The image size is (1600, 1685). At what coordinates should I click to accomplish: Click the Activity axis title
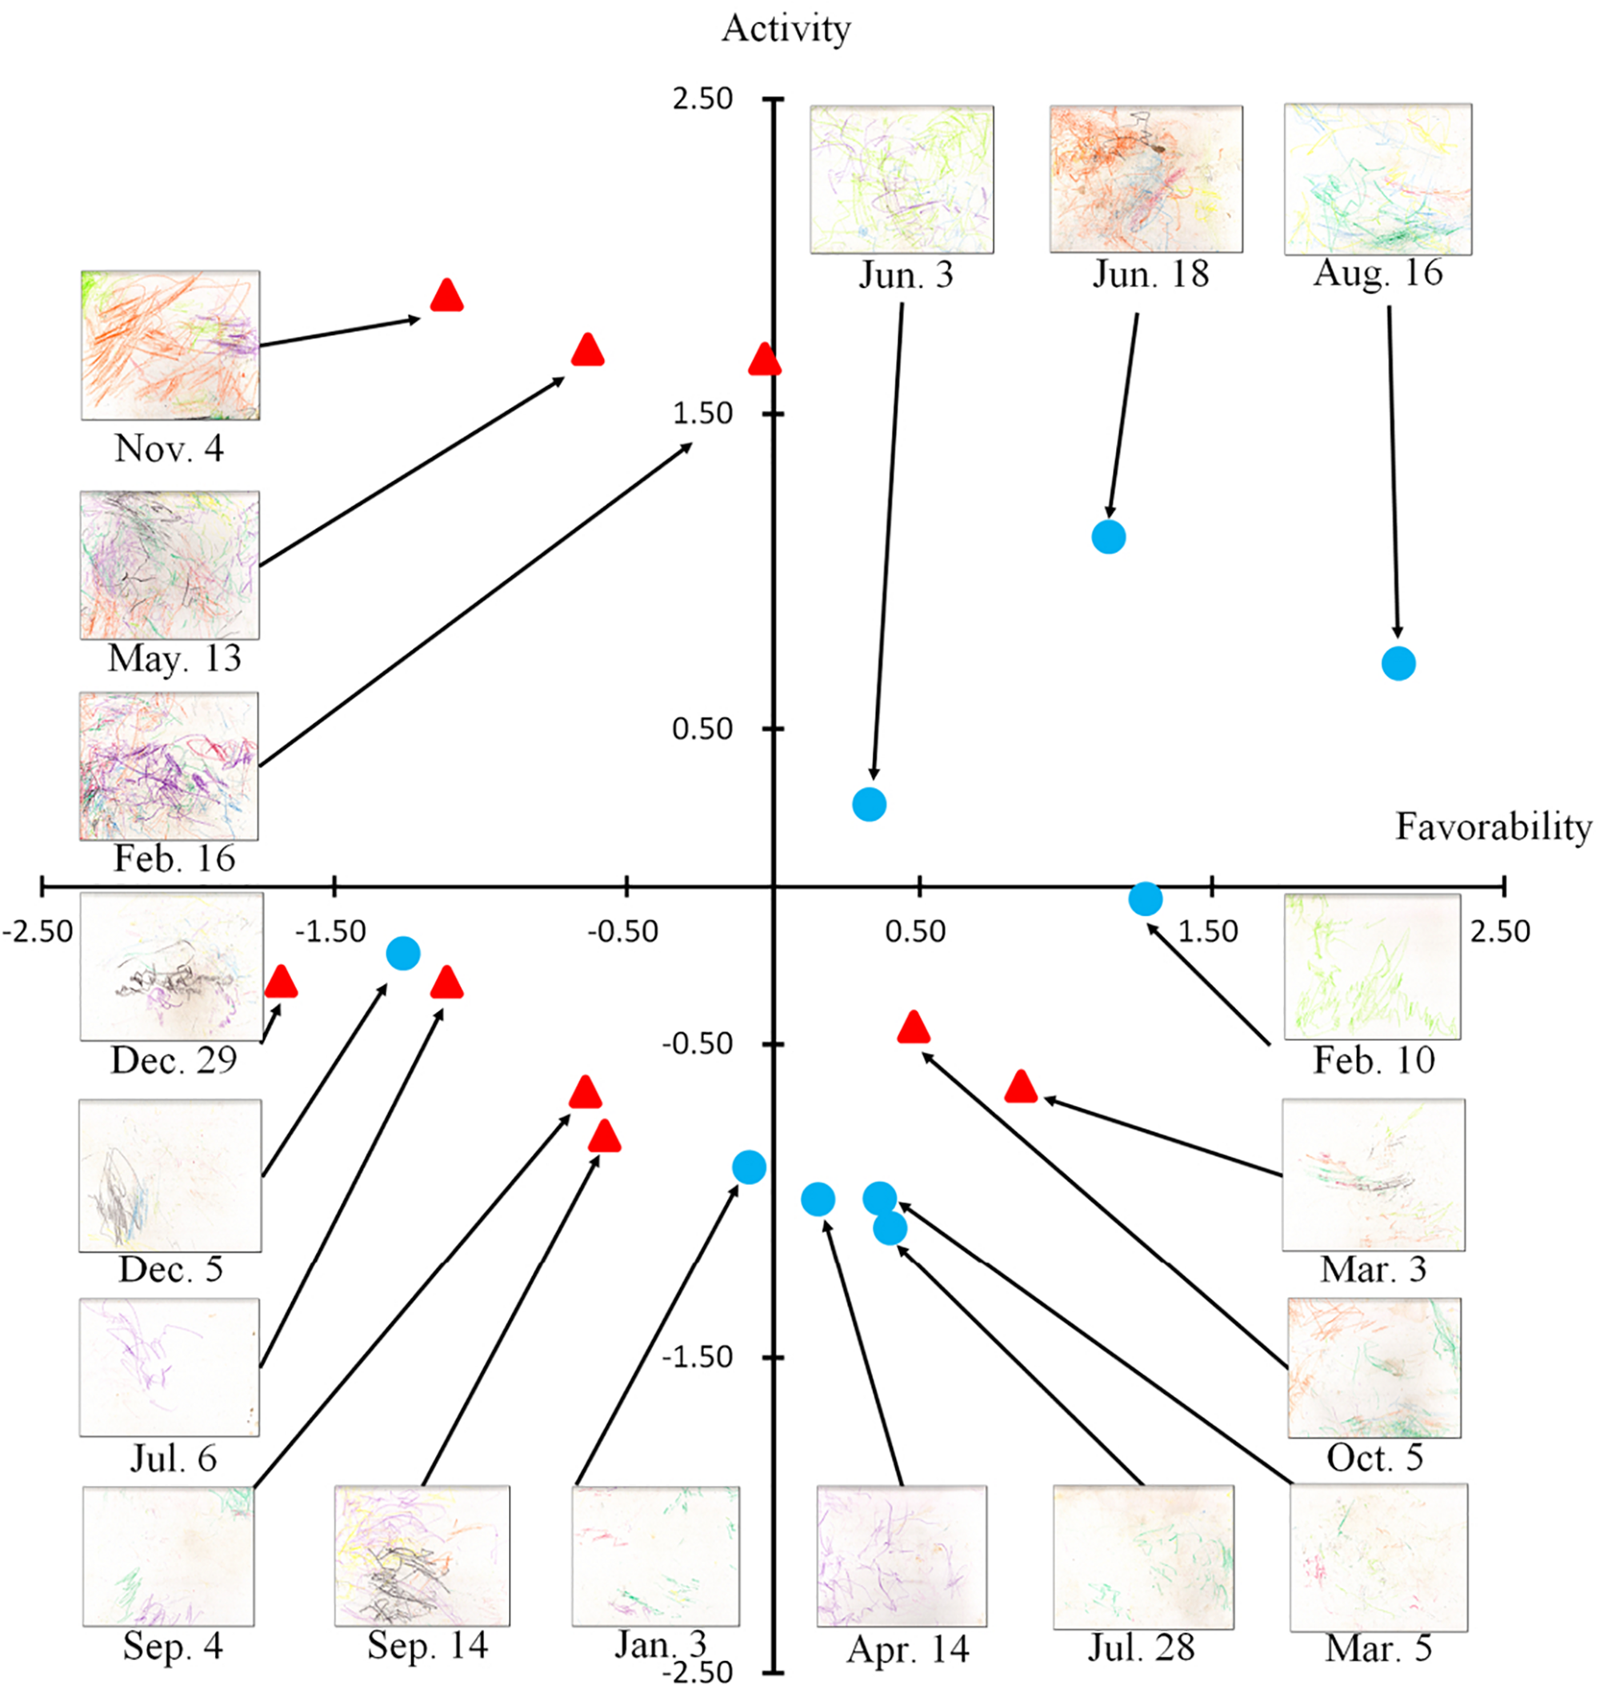(786, 29)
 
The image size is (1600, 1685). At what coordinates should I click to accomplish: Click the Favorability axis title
(1493, 826)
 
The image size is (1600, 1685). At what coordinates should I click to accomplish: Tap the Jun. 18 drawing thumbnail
(1146, 179)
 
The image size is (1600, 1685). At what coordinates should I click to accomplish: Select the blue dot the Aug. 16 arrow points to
(1398, 663)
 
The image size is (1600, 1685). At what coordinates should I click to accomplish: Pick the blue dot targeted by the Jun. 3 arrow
(869, 803)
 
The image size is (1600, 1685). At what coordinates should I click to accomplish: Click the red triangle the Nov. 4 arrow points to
(447, 296)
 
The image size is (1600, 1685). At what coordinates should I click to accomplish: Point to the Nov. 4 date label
(169, 448)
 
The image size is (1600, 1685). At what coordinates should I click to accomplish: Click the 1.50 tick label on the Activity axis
(702, 414)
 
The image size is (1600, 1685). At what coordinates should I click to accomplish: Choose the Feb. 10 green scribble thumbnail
(1371, 966)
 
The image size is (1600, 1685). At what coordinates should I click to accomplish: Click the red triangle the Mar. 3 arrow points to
(1021, 1088)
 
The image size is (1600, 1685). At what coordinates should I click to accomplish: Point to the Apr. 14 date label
(907, 1649)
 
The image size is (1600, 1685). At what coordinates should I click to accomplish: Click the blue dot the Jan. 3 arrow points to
(749, 1167)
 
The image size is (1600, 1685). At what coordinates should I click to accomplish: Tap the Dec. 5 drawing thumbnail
(170, 1175)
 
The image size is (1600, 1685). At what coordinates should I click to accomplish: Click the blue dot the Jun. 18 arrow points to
(1109, 537)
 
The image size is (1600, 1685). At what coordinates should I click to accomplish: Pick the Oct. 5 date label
(1374, 1457)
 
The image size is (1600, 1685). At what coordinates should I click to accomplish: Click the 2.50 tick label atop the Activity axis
(702, 99)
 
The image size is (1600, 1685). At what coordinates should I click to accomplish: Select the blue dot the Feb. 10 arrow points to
(1145, 899)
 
